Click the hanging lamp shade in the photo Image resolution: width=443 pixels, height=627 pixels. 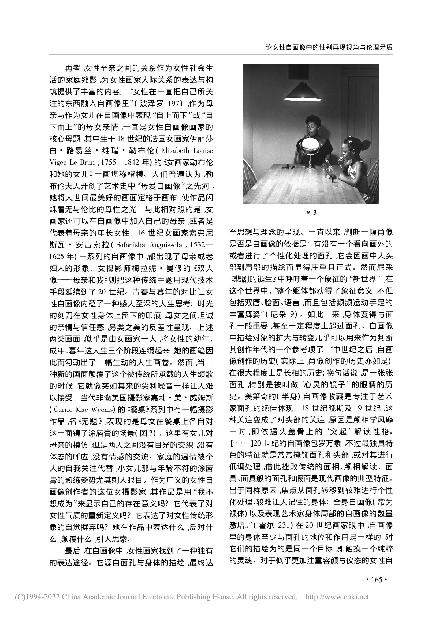pyautogui.click(x=302, y=91)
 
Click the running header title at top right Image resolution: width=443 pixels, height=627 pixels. pyautogui.click(x=329, y=47)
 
